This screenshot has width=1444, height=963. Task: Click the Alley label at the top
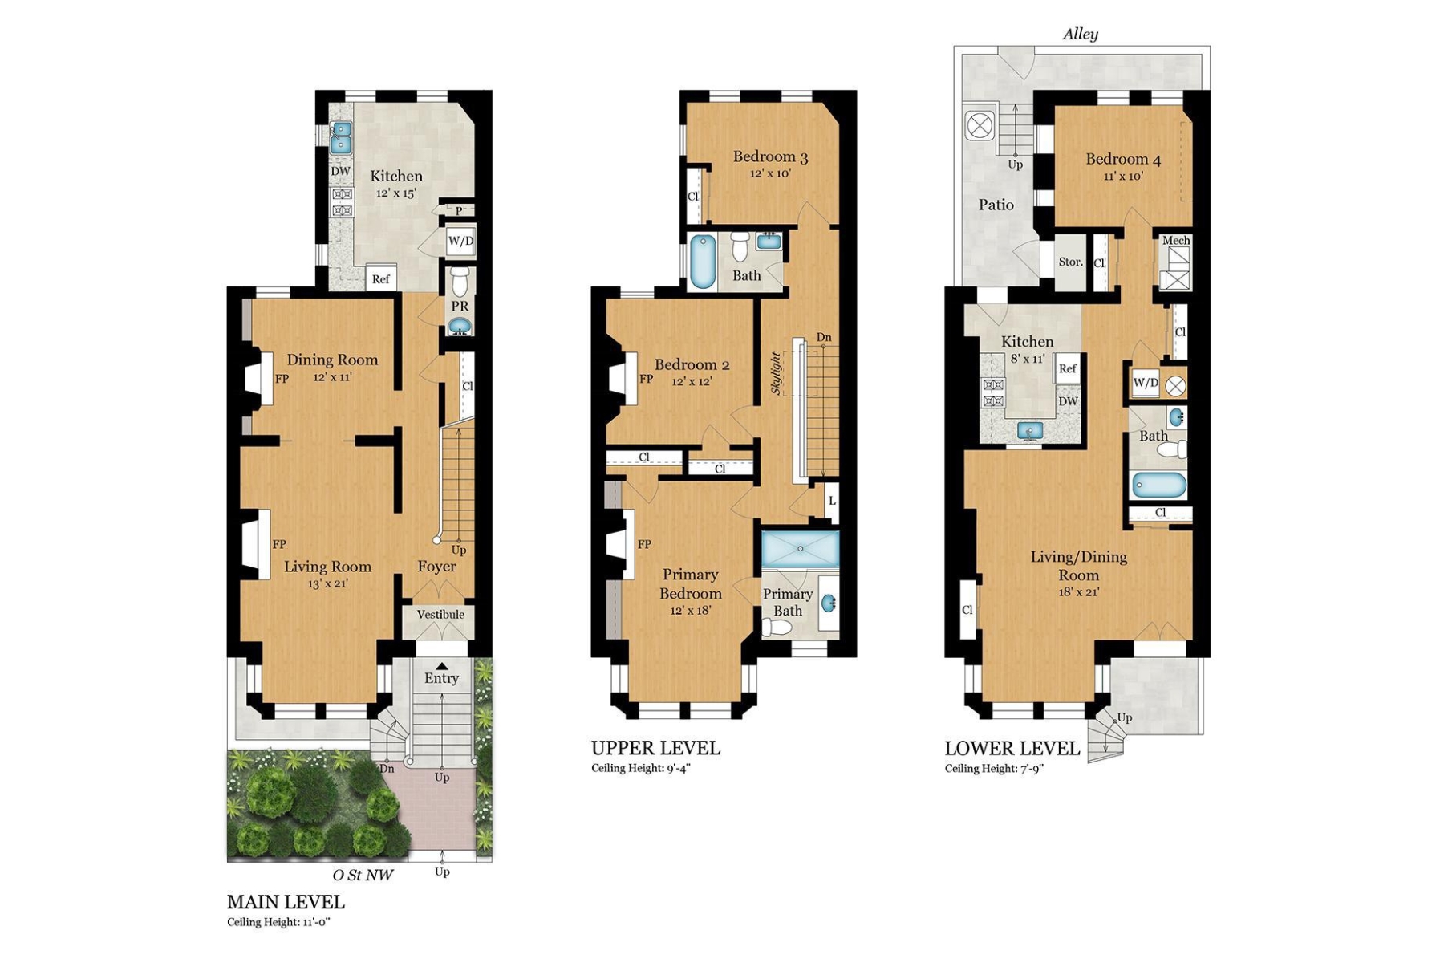1080,34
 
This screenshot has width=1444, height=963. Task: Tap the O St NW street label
363,875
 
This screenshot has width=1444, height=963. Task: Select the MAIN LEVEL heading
286,901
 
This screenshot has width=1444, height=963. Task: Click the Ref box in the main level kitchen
381,278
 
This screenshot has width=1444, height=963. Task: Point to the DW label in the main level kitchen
340,171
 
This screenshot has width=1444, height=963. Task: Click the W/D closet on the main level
460,241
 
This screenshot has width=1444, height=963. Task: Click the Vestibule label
440,615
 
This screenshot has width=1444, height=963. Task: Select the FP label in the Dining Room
282,379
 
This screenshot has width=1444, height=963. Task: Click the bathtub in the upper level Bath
704,261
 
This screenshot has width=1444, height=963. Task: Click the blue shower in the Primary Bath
800,549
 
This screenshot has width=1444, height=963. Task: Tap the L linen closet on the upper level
832,501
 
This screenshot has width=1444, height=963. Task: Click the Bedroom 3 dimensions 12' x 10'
770,173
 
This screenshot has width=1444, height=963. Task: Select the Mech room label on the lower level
1175,240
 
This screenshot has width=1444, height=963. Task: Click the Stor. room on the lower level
1070,262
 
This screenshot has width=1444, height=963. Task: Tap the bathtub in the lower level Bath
1158,486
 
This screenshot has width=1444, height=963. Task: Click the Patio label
996,205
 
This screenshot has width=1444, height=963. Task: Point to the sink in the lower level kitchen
1030,431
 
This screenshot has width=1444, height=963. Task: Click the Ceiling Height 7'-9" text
994,769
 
